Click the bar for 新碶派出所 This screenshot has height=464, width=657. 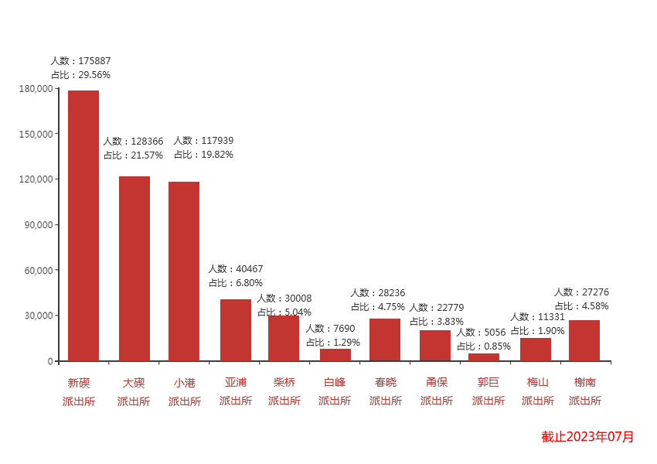83,226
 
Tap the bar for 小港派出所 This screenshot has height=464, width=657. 184,271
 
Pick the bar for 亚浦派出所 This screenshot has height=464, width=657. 236,330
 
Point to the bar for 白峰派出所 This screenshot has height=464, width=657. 335,355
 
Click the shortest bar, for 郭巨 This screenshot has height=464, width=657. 484,357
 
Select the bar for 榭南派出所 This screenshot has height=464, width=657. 584,340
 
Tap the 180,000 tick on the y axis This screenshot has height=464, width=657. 36,88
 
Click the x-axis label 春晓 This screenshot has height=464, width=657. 386,382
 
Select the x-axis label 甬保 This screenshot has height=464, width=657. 437,382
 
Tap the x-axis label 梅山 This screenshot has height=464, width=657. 538,382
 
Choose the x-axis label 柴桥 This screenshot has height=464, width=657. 284,382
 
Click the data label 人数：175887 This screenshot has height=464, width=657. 80,60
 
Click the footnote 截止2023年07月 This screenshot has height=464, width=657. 587,437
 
